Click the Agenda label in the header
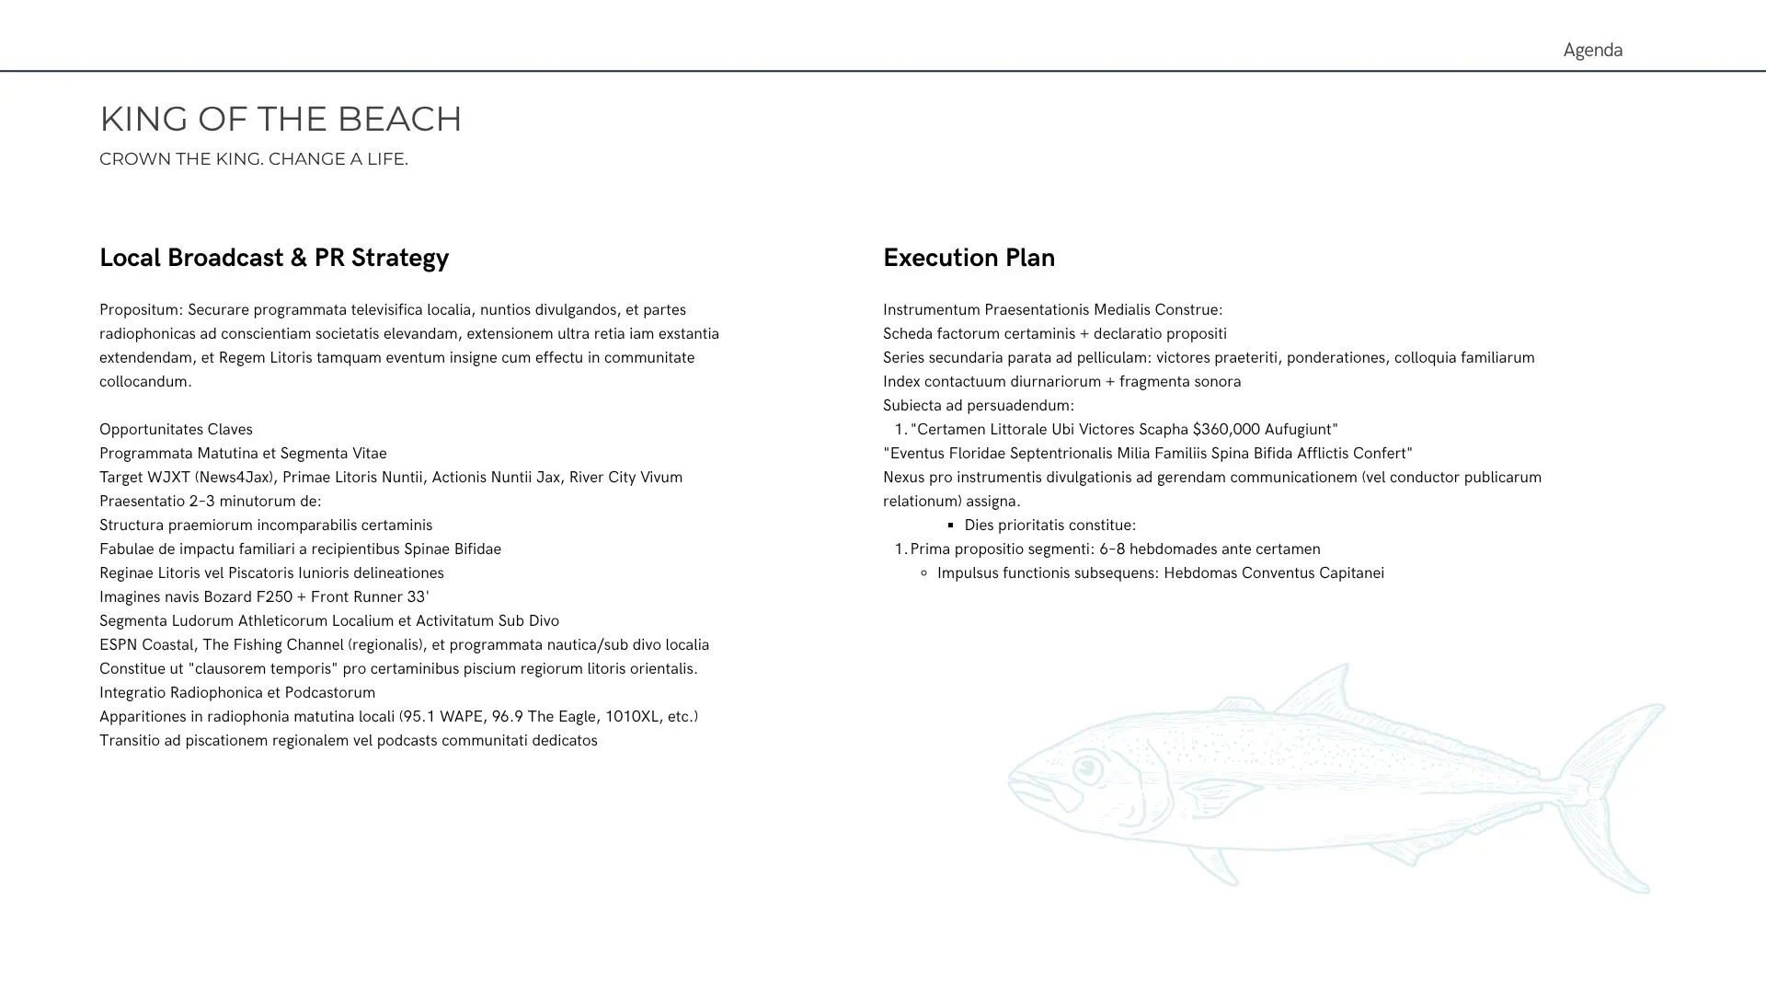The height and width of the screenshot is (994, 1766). pos(1592,50)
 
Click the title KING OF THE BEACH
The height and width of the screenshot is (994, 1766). pos(281,119)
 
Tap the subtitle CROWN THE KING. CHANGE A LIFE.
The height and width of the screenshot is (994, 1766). pos(253,159)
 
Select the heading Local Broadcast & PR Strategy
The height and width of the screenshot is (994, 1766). pos(274,258)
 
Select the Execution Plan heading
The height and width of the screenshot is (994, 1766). pos(969,258)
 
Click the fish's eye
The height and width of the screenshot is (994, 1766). pos(1088,768)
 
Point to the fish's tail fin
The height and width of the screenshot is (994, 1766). pos(1619,792)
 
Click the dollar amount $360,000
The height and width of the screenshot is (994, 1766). pos(1226,430)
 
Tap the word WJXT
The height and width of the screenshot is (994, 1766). pos(168,478)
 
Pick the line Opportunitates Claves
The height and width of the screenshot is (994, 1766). pos(176,430)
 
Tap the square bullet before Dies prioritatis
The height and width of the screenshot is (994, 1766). pos(951,526)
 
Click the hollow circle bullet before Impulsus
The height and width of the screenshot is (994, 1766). pos(923,573)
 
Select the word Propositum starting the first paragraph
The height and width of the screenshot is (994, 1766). pos(141,310)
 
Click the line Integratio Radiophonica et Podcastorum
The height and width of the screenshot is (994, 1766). pos(237,693)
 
